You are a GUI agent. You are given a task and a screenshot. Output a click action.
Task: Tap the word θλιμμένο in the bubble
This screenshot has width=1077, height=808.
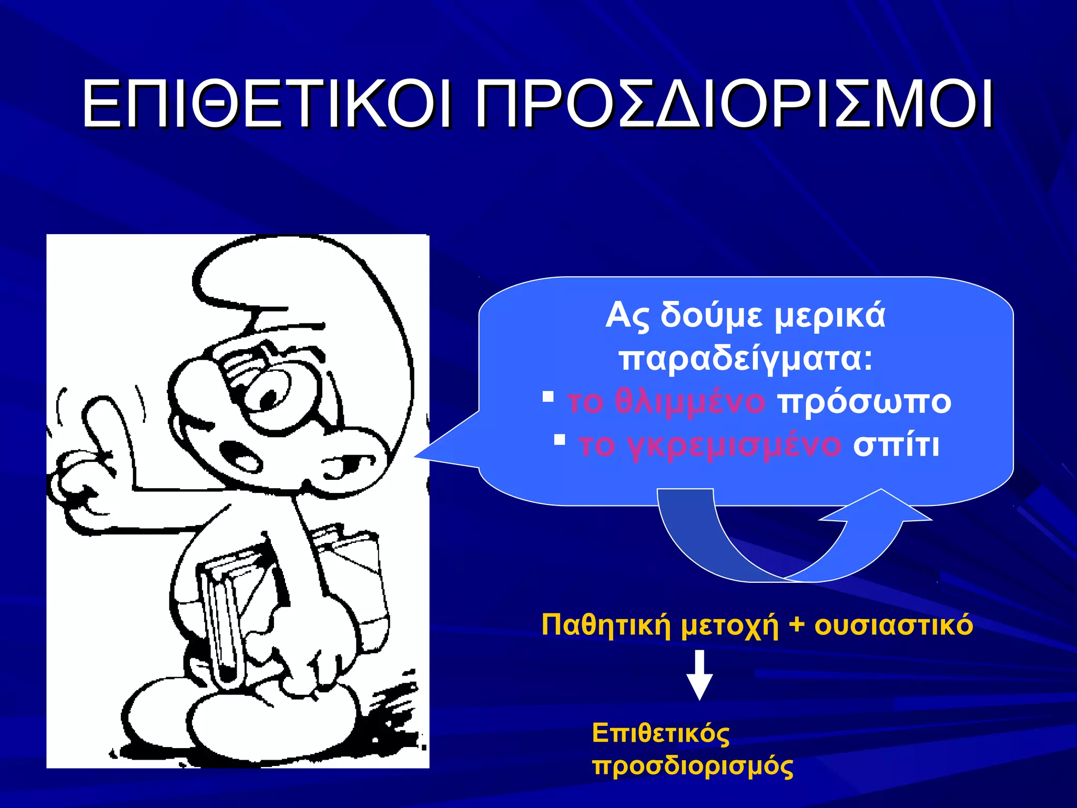[690, 402]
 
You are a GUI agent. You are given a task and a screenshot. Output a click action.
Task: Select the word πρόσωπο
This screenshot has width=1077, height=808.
[865, 403]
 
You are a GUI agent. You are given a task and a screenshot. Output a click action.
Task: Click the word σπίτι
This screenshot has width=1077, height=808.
[896, 445]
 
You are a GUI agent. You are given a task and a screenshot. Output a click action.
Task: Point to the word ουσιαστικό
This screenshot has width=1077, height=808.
[893, 625]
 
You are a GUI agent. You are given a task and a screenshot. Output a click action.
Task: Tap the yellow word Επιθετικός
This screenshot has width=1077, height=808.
[661, 733]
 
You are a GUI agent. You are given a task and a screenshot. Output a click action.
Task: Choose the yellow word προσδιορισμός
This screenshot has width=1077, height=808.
[693, 766]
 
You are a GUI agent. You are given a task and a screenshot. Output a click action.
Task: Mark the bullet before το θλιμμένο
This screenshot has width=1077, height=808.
[548, 396]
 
